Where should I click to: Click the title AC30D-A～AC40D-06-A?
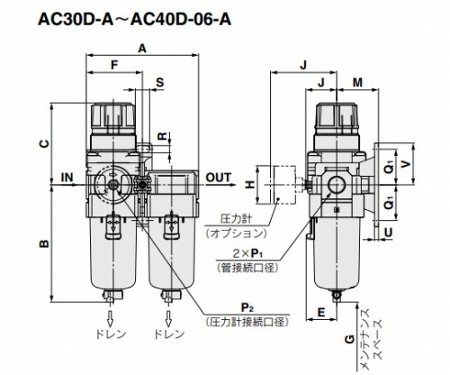135,19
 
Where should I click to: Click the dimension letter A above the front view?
142,48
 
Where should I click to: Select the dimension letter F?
114,65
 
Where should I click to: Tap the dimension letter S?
160,82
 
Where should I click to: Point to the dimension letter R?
162,136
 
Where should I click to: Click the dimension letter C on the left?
44,144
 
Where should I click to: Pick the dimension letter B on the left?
44,243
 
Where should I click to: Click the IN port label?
67,178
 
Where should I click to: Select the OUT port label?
219,178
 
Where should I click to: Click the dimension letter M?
357,82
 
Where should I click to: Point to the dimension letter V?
406,163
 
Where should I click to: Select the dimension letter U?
388,232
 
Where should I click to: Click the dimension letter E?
321,313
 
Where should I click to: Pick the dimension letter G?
349,340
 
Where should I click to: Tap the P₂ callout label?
247,308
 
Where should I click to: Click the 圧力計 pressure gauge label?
236,218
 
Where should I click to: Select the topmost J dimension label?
304,65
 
